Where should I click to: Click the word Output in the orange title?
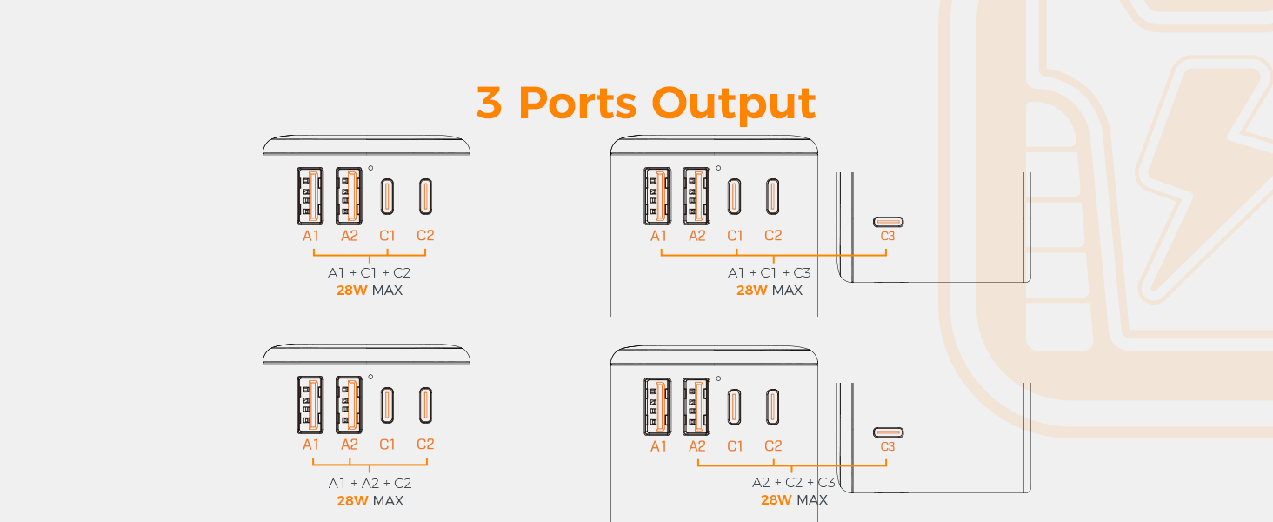click(734, 104)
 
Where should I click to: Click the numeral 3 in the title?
click(489, 104)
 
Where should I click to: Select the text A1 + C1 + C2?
click(370, 272)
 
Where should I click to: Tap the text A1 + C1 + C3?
click(769, 272)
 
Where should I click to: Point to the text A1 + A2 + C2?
click(370, 483)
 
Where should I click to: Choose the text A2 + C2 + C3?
click(793, 482)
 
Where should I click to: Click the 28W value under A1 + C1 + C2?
click(352, 291)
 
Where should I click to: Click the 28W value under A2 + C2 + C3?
click(776, 500)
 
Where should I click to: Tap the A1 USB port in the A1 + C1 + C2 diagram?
click(310, 196)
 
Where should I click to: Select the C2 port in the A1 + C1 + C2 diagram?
click(425, 196)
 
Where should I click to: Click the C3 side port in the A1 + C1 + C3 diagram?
click(888, 222)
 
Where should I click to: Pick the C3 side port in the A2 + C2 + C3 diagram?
click(888, 432)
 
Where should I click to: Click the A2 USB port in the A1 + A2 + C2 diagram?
click(349, 405)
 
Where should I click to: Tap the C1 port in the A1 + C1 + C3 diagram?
click(735, 196)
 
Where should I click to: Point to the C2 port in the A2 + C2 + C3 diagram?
click(773, 405)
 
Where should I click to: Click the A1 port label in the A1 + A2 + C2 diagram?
click(310, 445)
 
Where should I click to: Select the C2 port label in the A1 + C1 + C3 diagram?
click(773, 236)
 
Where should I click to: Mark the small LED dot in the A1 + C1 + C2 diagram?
click(370, 168)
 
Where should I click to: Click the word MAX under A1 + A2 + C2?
click(387, 501)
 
